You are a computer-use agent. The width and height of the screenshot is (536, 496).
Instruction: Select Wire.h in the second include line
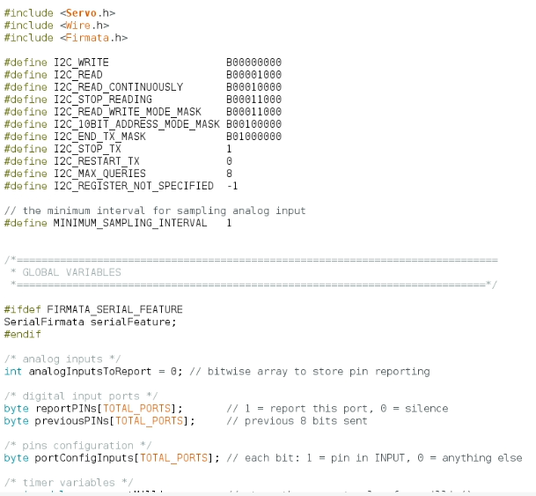87,26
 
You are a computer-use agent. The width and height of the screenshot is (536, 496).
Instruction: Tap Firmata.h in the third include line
97,38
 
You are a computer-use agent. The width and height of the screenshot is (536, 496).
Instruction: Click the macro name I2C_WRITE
81,63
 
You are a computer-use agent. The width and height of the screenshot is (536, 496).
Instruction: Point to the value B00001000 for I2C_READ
253,75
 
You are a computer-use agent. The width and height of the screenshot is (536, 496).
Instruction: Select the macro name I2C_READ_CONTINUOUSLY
118,87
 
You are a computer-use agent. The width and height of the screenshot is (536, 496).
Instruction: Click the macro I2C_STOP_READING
103,100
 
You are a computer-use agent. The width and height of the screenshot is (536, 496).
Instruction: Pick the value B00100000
253,124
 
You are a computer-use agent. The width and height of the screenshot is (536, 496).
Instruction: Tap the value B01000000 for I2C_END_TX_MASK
253,137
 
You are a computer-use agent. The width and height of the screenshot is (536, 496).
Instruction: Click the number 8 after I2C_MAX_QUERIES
229,174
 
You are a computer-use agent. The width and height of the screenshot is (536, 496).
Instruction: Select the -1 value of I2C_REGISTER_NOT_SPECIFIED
232,186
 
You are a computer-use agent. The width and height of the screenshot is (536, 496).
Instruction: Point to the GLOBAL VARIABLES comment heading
71,272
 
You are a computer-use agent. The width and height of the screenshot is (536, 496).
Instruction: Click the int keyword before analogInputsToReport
13,371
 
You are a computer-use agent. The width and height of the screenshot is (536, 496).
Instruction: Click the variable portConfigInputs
78,457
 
